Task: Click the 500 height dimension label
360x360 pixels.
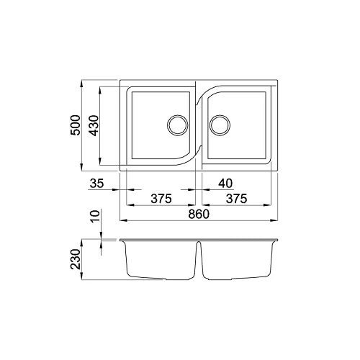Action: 76,125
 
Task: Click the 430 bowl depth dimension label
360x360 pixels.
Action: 94,125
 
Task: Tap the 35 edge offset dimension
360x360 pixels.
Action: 97,184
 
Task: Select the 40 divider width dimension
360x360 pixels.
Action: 225,184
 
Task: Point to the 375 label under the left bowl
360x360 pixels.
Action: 161,199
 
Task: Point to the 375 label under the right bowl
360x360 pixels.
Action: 236,199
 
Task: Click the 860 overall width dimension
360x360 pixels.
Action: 199,214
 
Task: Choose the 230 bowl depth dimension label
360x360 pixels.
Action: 76,259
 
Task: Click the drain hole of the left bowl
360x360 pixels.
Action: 178,125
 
